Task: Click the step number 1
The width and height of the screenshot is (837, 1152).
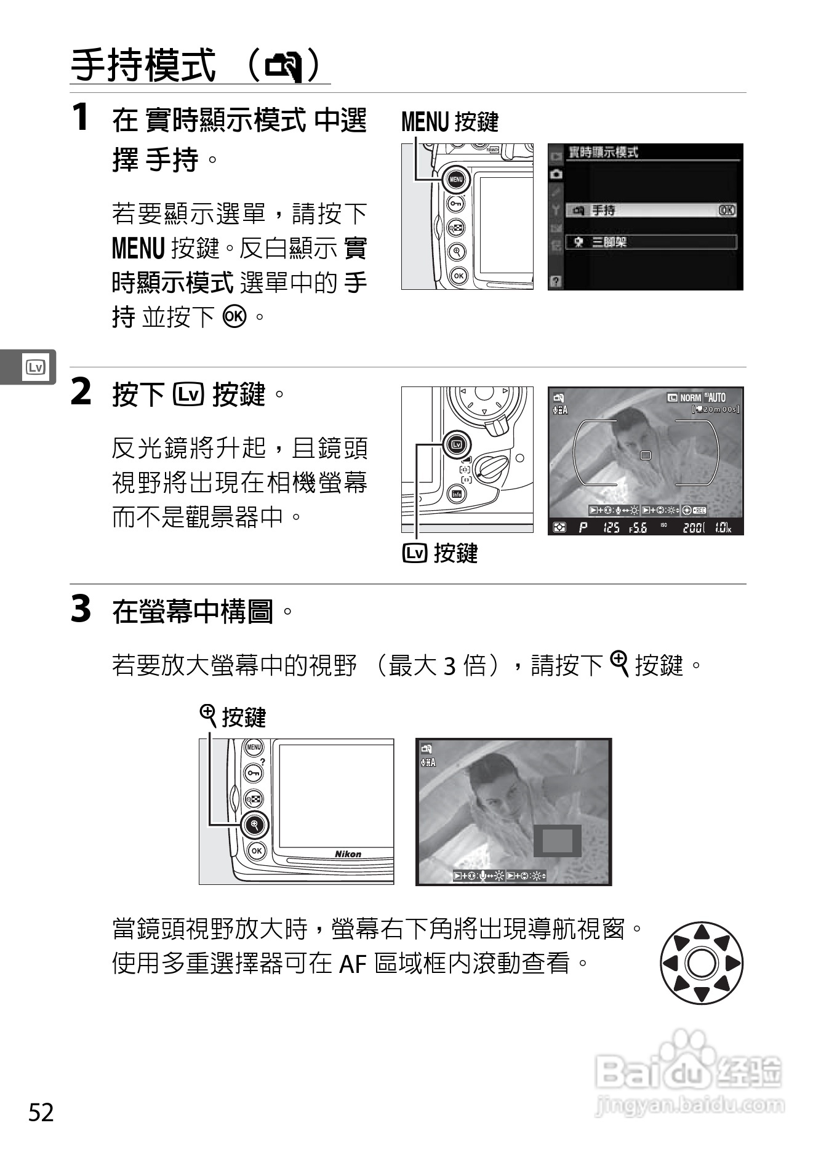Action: [80, 117]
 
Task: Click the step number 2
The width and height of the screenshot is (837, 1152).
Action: [81, 392]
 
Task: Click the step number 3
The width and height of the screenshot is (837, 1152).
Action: [81, 609]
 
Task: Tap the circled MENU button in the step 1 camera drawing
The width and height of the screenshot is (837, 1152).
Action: [455, 180]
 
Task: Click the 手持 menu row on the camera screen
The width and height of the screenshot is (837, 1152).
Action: [651, 210]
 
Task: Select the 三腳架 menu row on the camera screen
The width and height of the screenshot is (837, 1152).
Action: [651, 242]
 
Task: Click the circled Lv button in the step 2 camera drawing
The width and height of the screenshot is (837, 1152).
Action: [456, 444]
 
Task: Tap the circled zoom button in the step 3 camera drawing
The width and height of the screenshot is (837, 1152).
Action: [254, 824]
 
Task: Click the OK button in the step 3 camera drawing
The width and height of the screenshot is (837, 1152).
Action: [256, 851]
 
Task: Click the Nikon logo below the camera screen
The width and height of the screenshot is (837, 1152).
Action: [348, 854]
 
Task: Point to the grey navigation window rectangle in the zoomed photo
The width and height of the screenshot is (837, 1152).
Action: [557, 841]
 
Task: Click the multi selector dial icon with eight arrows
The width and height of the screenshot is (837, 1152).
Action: [701, 963]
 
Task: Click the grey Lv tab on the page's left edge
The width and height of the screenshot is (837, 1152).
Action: [34, 367]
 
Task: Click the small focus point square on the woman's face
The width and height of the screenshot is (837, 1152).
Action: [645, 455]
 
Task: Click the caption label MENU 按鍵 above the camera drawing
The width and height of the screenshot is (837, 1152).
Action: [449, 122]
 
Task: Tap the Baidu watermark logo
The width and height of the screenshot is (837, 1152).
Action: [689, 1074]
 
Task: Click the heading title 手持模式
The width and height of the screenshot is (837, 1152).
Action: [143, 65]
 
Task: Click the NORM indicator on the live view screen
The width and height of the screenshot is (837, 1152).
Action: [691, 398]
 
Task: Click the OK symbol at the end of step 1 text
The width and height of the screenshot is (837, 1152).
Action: [234, 316]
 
